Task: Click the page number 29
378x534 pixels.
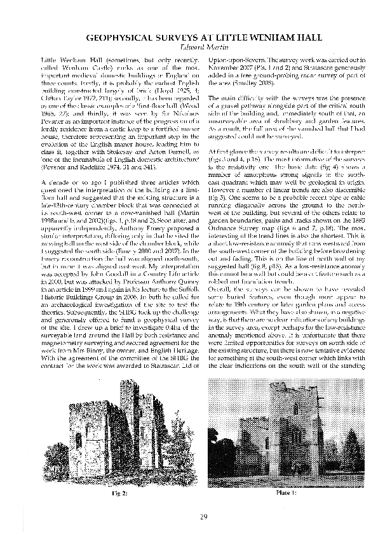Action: coord(189,516)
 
